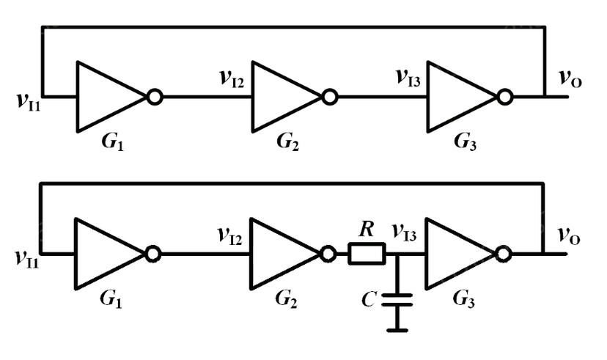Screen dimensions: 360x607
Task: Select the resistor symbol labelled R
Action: [366, 254]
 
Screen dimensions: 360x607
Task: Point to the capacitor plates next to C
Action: [398, 298]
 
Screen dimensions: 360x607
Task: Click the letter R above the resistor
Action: [367, 230]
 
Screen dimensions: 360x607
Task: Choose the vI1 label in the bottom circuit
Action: [28, 257]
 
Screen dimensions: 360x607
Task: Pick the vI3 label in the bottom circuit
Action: [405, 235]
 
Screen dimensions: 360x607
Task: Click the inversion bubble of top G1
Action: [155, 96]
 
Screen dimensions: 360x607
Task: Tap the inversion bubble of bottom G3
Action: [502, 254]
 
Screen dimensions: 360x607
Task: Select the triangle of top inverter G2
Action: [282, 96]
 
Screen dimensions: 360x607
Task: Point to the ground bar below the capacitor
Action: [398, 329]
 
